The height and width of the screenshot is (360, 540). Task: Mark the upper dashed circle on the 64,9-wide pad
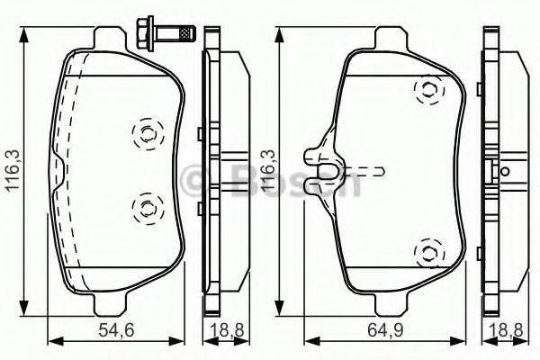[427, 90]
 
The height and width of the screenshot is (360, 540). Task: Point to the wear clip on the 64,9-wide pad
[324, 162]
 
